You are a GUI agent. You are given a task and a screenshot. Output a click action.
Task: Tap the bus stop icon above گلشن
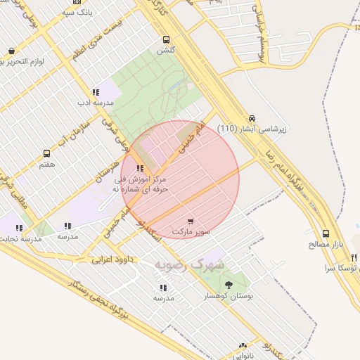coord(166,39)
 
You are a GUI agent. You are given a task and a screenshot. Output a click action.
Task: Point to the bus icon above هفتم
coord(47,153)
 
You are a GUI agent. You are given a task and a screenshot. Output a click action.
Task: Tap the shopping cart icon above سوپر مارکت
coord(191,221)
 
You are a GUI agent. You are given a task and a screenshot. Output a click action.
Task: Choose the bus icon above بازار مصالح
coord(326,234)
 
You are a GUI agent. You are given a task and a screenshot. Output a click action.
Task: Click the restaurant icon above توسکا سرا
coord(354,257)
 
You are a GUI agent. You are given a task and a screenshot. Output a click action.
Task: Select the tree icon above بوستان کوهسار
coord(229,285)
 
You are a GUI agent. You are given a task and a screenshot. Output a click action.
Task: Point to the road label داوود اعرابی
coord(111,259)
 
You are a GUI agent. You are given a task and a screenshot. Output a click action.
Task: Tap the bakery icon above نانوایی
coord(243,346)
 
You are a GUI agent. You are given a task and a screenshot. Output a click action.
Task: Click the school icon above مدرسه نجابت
coord(20,228)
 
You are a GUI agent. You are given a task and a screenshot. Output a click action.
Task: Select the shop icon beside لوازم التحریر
coord(12,51)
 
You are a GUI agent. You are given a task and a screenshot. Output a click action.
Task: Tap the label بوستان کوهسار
coord(229,297)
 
